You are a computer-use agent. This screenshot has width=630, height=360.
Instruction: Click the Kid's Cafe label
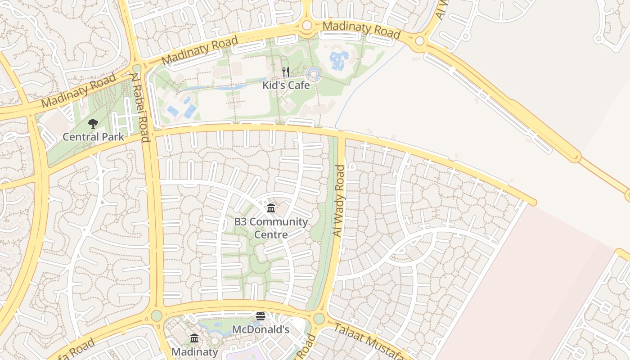286,85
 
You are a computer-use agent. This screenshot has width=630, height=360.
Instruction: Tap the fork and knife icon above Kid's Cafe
285,72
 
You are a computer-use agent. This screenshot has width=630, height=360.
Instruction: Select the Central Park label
93,137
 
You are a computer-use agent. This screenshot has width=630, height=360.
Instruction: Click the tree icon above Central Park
93,124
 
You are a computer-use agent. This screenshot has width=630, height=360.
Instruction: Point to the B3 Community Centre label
271,228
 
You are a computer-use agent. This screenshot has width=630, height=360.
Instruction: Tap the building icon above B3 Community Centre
271,208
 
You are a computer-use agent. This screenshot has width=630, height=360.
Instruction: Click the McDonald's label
261,329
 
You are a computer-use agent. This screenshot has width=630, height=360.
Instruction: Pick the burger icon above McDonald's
261,316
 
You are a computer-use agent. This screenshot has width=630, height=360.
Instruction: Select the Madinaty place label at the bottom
194,351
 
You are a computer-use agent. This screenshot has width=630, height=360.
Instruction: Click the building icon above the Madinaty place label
194,338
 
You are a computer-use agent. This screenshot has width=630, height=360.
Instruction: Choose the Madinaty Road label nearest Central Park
79,91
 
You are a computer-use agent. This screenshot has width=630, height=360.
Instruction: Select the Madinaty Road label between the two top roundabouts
361,30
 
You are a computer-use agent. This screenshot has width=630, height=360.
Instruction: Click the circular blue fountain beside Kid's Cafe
314,75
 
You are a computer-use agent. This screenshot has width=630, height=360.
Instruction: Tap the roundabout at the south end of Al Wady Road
319,319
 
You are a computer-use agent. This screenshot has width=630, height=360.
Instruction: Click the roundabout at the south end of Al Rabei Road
156,315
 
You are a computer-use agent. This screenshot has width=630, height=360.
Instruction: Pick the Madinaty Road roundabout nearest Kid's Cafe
307,25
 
